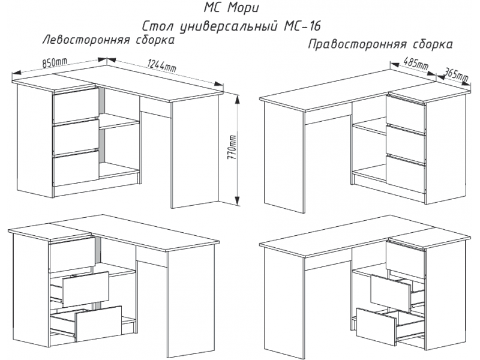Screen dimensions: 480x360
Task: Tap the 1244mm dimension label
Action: [x=161, y=67]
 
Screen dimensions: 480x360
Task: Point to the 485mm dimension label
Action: [x=416, y=64]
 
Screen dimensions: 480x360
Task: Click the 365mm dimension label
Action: [x=456, y=74]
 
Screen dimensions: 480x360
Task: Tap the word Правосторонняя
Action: [x=357, y=44]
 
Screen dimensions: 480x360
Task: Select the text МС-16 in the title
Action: [x=300, y=26]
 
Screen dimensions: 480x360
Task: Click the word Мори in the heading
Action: [x=243, y=8]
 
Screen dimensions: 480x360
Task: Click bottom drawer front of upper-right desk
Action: [x=406, y=175]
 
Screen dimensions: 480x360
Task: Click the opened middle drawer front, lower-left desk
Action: [x=86, y=289]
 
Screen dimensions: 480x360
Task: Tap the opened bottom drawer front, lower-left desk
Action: [x=98, y=324]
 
